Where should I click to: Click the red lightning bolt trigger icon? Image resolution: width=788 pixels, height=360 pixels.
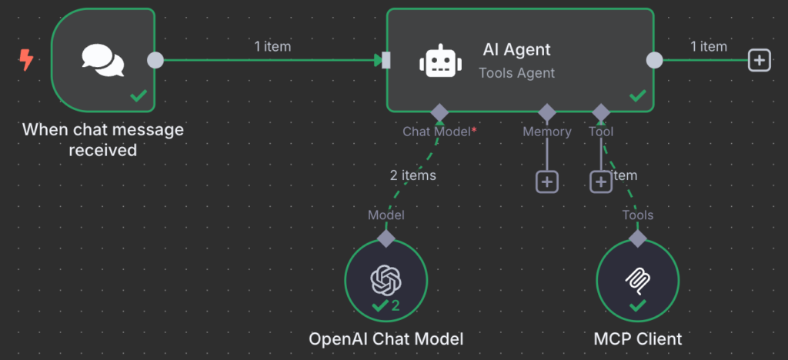(x=26, y=59)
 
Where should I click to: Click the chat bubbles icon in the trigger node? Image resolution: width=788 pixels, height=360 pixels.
(x=103, y=60)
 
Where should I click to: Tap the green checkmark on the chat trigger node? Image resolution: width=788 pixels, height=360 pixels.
(x=139, y=97)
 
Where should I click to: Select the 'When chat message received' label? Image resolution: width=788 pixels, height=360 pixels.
(x=103, y=139)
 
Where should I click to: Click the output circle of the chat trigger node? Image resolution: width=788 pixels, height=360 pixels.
(x=155, y=60)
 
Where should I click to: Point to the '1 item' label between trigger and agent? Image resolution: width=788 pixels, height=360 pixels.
(x=272, y=46)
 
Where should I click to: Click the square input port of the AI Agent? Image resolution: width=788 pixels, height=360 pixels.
(x=387, y=60)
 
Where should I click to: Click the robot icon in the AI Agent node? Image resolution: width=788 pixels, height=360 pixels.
(x=437, y=61)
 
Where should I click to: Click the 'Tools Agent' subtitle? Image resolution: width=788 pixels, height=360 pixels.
(x=516, y=73)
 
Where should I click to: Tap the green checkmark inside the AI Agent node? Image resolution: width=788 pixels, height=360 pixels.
(x=638, y=96)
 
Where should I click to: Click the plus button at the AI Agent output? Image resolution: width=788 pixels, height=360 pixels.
(x=760, y=60)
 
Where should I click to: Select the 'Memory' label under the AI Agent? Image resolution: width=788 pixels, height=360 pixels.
(x=547, y=132)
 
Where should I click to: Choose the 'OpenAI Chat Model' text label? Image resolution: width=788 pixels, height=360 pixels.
(x=386, y=338)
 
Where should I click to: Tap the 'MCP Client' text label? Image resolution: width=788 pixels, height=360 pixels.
(x=638, y=338)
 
